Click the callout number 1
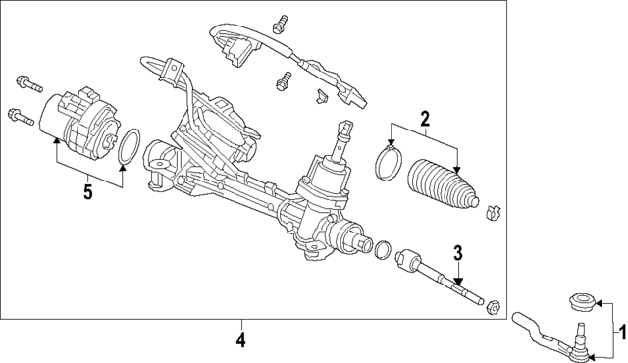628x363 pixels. (619, 334)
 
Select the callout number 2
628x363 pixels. (424, 121)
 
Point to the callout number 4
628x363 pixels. (240, 341)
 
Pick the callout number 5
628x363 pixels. (87, 191)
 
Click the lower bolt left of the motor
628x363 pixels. (20, 116)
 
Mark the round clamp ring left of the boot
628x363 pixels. (389, 163)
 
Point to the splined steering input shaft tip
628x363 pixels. (346, 129)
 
